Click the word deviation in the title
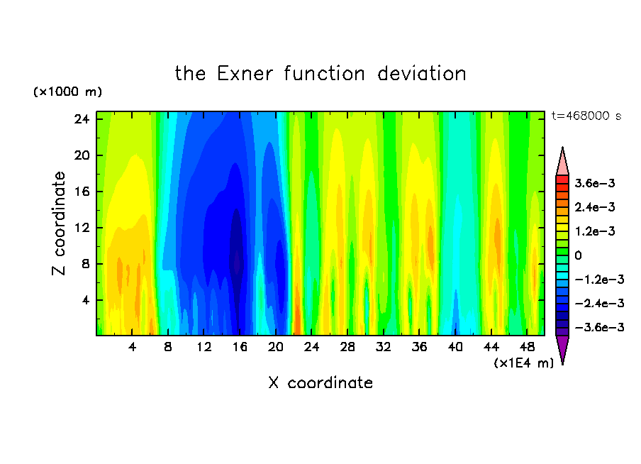click(421, 74)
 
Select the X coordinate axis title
click(320, 382)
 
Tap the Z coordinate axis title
click(59, 223)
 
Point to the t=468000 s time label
click(586, 116)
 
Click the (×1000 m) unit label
click(67, 92)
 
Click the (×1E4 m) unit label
click(524, 363)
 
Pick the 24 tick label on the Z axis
click(82, 119)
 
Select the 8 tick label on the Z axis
click(85, 264)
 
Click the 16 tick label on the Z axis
click(82, 192)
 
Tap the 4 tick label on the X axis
click(132, 347)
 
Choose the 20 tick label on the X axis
click(276, 347)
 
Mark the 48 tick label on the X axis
click(527, 347)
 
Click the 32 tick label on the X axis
click(384, 347)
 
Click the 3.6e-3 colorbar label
click(595, 183)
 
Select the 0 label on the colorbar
click(578, 255)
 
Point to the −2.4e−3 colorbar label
click(599, 304)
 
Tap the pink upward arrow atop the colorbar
click(562, 161)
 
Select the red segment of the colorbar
click(562, 179)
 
